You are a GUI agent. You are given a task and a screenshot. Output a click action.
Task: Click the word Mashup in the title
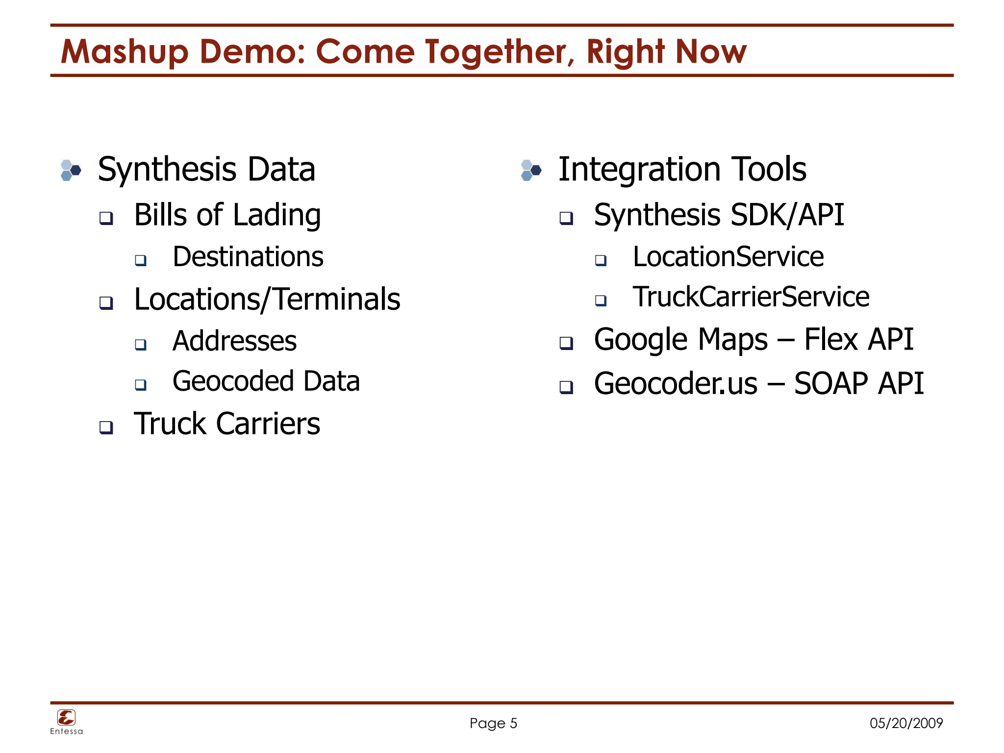tap(125, 52)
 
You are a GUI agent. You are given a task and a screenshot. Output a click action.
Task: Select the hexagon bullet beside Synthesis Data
tap(71, 171)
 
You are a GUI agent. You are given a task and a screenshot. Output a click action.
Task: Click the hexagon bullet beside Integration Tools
tap(531, 171)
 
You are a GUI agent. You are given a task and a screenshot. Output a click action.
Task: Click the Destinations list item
tap(248, 257)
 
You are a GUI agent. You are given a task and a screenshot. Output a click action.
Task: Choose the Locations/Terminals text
tap(267, 299)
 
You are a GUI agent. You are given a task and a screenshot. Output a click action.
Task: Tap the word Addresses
tap(234, 341)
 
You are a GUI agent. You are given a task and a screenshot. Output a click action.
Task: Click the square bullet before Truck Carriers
tap(106, 427)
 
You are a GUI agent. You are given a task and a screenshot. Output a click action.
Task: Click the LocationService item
tap(728, 257)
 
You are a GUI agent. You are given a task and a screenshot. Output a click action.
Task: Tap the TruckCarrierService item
tap(751, 297)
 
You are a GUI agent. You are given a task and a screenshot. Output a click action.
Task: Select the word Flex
tap(831, 339)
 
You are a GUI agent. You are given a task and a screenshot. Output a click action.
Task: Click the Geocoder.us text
tap(676, 383)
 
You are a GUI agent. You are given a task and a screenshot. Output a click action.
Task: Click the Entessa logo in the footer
tap(66, 722)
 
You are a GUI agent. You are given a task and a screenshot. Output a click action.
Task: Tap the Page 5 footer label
tap(493, 724)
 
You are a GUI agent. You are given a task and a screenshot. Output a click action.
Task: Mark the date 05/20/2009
tap(906, 723)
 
